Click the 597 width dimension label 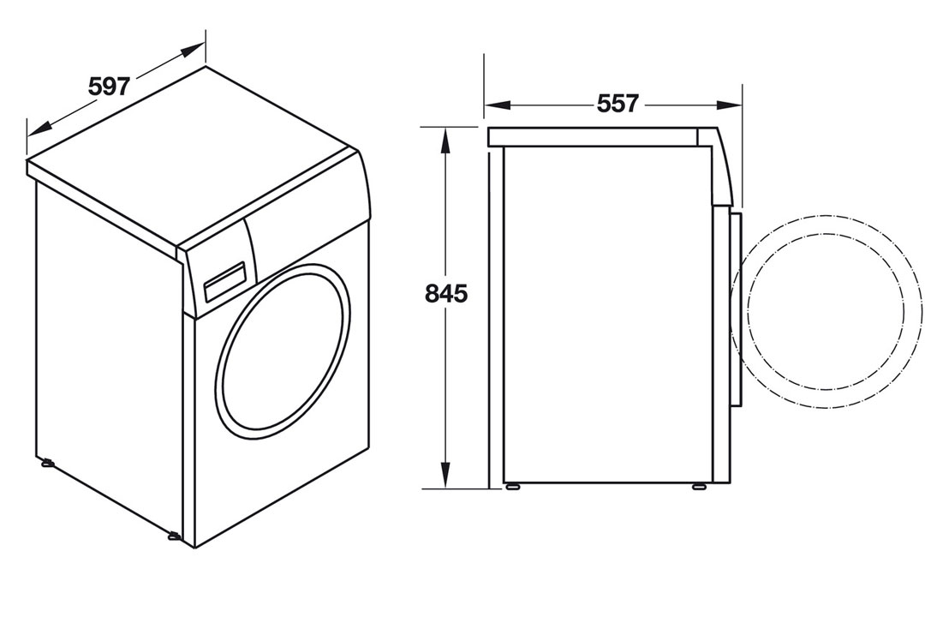(x=109, y=87)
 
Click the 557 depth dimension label (x=618, y=104)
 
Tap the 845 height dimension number (x=446, y=293)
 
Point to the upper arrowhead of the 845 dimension (x=446, y=144)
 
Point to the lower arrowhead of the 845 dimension (x=446, y=472)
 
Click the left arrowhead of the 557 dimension (x=498, y=105)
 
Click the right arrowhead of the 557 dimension (x=729, y=105)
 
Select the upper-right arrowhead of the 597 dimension (x=191, y=51)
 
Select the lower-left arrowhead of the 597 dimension (x=40, y=126)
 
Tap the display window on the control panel (x=224, y=283)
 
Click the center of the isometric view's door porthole (x=283, y=348)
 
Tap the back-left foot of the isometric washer (x=46, y=462)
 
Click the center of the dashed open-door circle (x=826, y=311)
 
